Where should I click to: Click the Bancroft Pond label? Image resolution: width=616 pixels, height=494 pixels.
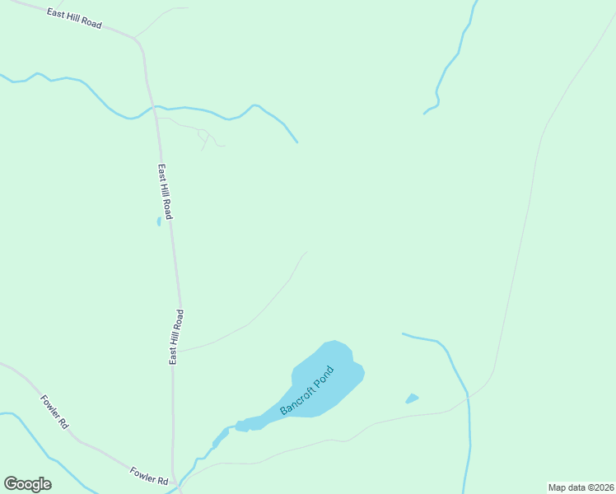308,389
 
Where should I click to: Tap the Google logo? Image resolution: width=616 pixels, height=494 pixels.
27,484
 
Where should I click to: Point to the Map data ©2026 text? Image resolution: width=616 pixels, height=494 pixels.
581,487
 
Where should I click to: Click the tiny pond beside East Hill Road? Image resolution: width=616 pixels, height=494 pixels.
159,221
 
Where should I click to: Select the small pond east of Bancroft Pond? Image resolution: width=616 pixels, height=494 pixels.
412,398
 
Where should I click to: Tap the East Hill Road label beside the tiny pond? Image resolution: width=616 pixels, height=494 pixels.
166,193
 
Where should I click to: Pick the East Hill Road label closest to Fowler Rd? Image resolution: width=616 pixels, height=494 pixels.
176,337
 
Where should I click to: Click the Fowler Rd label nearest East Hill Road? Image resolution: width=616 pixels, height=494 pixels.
149,475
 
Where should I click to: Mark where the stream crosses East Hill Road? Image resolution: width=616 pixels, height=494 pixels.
154,107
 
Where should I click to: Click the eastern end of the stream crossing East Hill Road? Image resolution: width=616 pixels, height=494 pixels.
296,142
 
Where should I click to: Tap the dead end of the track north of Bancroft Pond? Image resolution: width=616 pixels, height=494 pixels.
306,253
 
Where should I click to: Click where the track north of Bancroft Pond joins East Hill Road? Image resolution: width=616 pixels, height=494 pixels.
179,352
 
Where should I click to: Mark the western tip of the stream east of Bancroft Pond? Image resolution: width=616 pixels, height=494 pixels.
403,333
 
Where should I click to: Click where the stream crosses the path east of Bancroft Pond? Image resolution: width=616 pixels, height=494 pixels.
468,394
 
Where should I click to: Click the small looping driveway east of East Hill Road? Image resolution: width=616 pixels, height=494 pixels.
204,136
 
